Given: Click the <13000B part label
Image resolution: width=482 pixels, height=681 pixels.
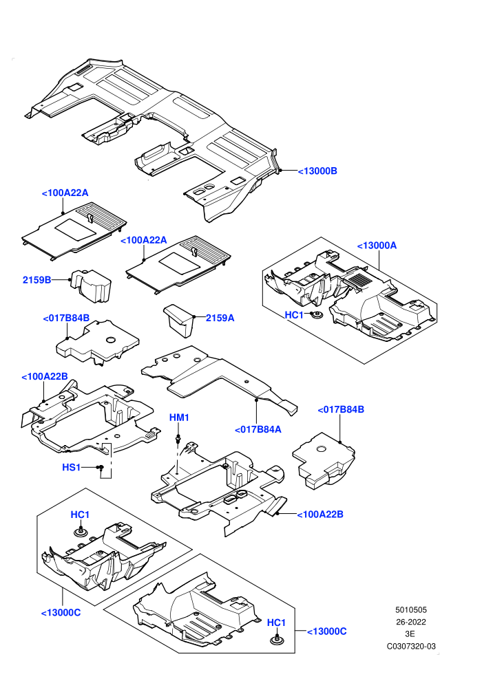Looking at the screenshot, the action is pos(317,171).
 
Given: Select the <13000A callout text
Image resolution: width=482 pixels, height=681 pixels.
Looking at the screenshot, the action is pos(377,246).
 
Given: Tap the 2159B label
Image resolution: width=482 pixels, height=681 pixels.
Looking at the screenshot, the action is pos(37,280).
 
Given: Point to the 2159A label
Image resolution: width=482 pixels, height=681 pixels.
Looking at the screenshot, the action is pos(220,318).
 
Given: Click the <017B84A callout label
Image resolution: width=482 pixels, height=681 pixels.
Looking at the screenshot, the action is pos(258,429).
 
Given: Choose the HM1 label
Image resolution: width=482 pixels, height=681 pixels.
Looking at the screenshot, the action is pos(179,418).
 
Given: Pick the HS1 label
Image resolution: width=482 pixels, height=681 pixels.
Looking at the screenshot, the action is pos(72,467).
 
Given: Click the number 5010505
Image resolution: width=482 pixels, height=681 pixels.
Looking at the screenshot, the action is pos(411,609).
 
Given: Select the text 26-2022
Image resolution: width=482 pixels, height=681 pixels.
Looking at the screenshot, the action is pos(411,622).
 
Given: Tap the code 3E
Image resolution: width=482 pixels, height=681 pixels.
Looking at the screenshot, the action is pos(410,634).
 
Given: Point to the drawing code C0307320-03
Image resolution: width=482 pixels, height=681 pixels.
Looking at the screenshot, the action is pos(411,646).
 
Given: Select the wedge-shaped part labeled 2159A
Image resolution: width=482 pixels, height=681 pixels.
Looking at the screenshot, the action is pos(180,320).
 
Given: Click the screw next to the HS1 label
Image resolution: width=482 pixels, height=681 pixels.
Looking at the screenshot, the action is pos(100,468).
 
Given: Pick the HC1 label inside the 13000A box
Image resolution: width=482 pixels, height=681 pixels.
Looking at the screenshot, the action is pos(294,315).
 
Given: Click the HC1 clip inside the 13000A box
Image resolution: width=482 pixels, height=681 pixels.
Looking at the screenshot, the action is pos(317,315).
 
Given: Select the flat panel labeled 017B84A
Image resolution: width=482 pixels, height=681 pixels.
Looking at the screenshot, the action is pos(218,377).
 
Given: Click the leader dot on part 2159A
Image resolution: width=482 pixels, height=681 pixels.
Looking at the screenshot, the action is pos(194,317).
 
